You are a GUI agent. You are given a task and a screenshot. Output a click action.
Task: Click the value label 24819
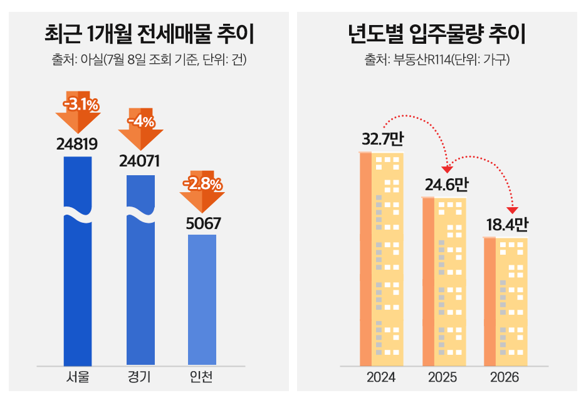point(77,144)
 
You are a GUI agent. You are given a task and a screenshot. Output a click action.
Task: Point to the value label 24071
point(140,161)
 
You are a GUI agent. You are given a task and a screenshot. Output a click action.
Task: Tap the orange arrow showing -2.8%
point(202,190)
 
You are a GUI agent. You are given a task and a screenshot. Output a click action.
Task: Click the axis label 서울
point(78,377)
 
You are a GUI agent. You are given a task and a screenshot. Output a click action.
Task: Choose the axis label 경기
point(140,377)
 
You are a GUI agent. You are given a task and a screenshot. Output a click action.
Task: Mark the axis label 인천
point(202,377)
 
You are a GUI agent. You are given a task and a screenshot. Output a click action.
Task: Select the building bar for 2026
point(505,301)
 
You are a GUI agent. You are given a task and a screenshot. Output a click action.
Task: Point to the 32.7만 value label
point(382,139)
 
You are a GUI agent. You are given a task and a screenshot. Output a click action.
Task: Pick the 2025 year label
point(442,378)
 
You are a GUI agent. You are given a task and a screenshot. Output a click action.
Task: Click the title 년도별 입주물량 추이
point(437,34)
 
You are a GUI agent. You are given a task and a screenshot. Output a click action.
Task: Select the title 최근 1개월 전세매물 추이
point(149,34)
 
